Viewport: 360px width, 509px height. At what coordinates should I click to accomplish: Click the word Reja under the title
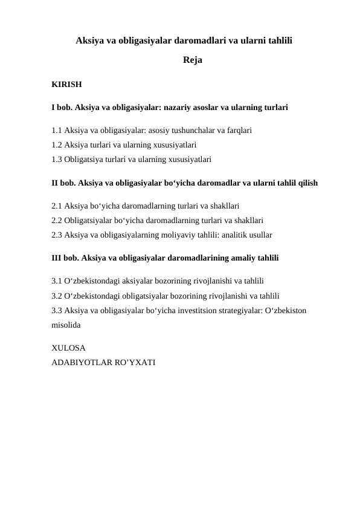[193, 60]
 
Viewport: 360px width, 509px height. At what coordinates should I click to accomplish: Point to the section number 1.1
[57, 130]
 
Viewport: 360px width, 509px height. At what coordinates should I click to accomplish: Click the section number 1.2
[57, 145]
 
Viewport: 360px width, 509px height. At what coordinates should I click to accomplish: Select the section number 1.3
[57, 160]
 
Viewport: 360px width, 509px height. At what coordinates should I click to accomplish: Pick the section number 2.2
[57, 220]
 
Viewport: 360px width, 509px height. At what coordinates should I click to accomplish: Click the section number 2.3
[57, 235]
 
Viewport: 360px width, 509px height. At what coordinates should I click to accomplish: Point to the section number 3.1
[57, 280]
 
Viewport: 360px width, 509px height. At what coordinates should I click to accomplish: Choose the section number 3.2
[57, 296]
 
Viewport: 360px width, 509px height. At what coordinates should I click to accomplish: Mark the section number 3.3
[57, 310]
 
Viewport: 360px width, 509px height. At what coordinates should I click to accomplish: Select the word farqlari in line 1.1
[239, 130]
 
